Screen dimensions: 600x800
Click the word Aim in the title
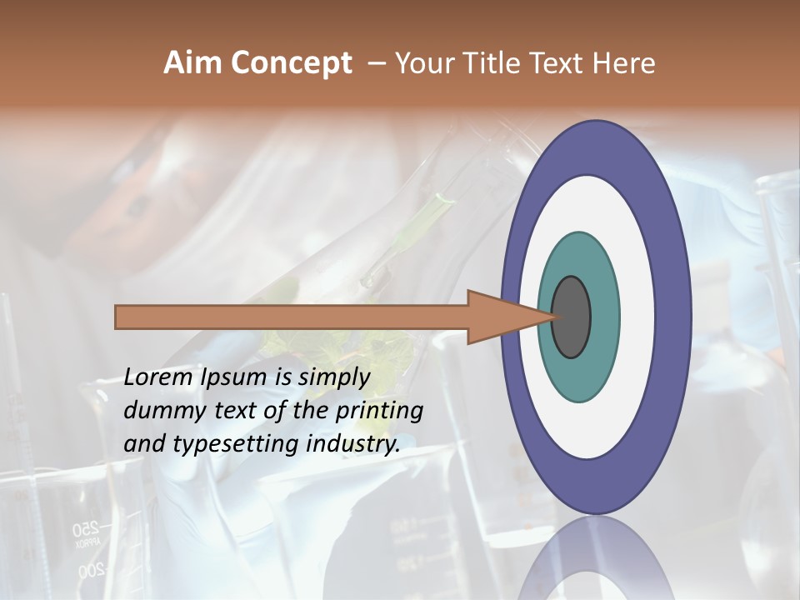[193, 63]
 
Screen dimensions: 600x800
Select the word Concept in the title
[291, 63]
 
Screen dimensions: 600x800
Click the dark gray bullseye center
[572, 317]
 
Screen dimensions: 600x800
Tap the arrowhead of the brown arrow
[500, 317]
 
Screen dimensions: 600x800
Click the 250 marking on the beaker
[85, 527]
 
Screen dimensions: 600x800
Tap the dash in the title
[376, 63]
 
